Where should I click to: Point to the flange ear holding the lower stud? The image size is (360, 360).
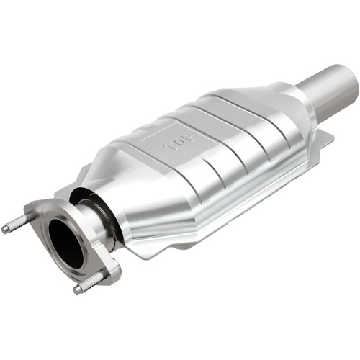pos(108,270)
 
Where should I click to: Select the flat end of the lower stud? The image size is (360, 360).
pos(76,290)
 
